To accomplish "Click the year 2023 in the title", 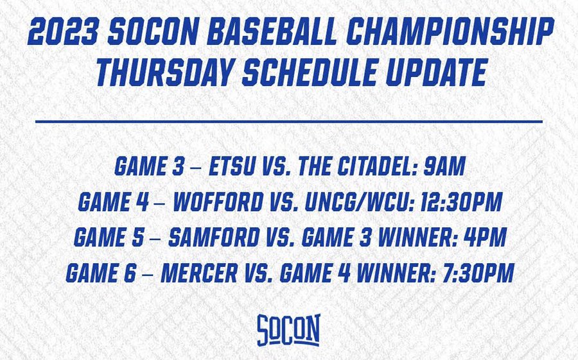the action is point(63,32).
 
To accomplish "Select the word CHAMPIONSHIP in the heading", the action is point(450,32).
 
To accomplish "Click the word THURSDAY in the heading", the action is point(165,73).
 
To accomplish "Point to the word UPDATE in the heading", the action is point(437,73).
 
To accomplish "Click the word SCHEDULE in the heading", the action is point(310,73).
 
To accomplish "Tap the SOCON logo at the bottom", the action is point(288,330).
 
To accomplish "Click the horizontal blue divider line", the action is point(289,121).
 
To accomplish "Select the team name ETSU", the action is point(232,166).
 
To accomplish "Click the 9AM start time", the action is point(444,166).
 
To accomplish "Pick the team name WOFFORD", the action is point(218,202).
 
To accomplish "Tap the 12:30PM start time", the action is point(461,202).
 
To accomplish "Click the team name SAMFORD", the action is point(214,237).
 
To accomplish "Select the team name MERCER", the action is point(199,273).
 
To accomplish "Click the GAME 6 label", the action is point(101,273).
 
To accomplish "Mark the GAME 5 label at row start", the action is point(109,237).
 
